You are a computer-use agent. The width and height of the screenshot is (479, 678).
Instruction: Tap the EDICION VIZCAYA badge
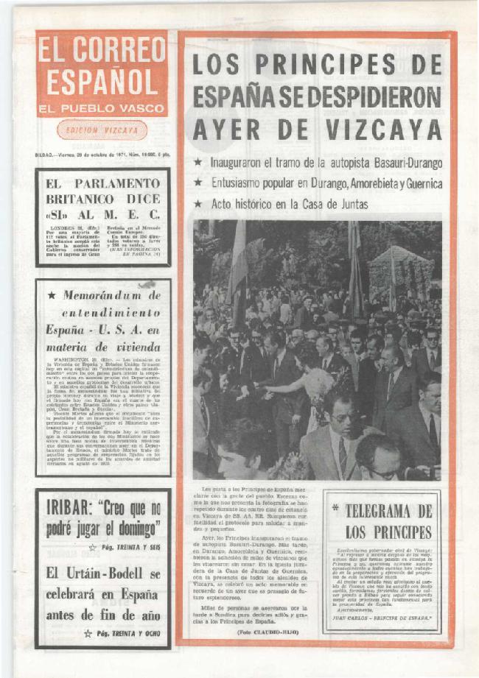[x=102, y=130]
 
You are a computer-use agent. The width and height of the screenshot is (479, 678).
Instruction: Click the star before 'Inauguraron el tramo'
[x=197, y=161]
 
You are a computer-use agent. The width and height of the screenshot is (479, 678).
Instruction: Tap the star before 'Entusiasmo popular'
[x=197, y=182]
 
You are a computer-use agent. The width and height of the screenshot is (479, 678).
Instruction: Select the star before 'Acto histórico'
[x=197, y=202]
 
